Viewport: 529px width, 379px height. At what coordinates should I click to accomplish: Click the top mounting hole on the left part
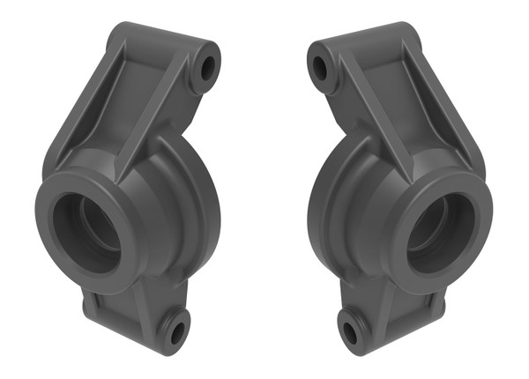click(x=209, y=66)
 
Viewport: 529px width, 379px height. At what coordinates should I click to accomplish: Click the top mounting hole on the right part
click(x=319, y=66)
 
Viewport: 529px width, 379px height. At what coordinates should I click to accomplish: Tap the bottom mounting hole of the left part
click(x=175, y=332)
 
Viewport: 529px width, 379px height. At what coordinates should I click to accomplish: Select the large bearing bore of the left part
click(x=85, y=232)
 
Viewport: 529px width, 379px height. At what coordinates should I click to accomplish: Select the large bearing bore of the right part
click(x=443, y=232)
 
